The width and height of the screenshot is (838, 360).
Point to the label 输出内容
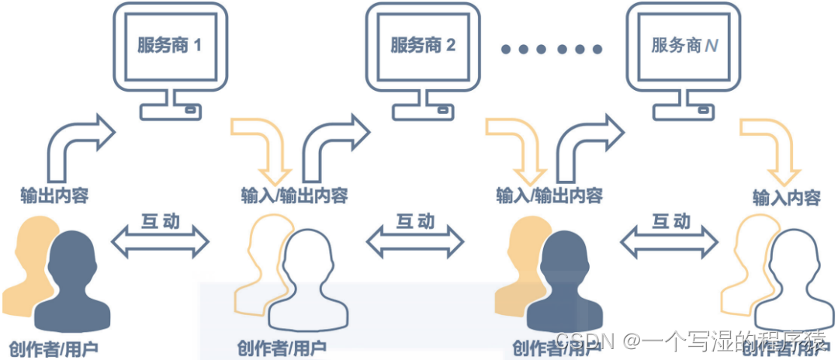[54, 195]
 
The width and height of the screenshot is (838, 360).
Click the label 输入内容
[786, 197]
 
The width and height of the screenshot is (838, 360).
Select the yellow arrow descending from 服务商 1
[264, 147]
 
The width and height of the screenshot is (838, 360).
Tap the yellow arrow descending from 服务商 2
[518, 147]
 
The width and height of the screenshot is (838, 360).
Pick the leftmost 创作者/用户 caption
[54, 347]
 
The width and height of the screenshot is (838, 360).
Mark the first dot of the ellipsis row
[506, 50]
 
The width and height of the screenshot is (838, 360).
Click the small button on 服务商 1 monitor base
[189, 110]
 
